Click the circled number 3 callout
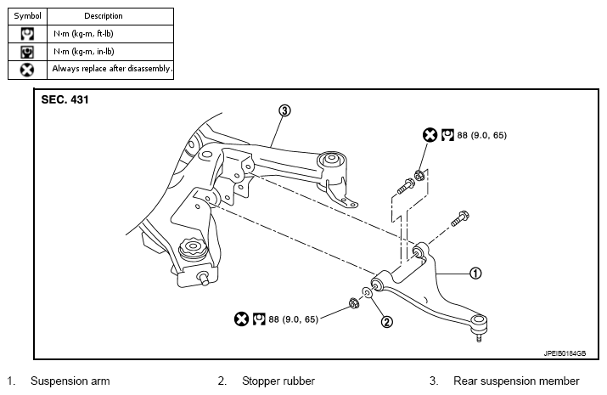[284, 110]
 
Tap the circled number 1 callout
[475, 274]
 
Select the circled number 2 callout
[387, 321]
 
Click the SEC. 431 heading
[65, 100]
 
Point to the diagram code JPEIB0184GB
[565, 353]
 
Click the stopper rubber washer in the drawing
[367, 292]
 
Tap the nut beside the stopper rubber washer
[354, 302]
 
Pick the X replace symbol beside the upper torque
[430, 135]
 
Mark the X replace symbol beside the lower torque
[241, 319]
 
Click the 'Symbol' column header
[27, 16]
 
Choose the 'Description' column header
[104, 16]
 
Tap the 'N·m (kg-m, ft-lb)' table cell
[83, 34]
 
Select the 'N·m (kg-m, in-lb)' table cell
[83, 52]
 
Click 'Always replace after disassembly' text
[112, 69]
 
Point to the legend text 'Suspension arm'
[70, 381]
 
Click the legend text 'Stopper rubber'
[278, 381]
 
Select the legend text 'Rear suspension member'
[516, 381]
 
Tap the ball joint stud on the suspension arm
[480, 337]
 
